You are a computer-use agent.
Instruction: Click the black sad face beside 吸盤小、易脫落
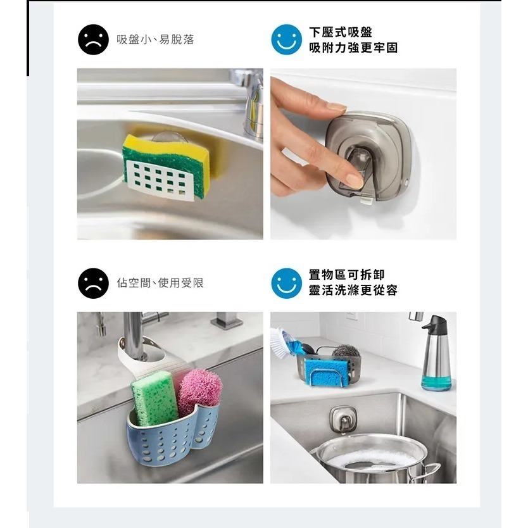pos(93,40)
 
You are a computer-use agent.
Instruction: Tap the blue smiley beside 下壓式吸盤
pos(286,40)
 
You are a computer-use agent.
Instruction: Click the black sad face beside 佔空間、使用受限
pos(93,283)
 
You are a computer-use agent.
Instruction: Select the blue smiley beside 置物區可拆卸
pos(286,283)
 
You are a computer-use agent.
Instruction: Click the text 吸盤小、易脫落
pos(156,40)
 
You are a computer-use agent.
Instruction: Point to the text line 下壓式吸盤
pos(341,32)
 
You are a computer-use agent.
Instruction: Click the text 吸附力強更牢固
pos(353,47)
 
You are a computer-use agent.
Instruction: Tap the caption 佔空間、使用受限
pos(161,283)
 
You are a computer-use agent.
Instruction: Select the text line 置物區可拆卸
pos(346,275)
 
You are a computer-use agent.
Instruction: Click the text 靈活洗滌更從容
pos(353,291)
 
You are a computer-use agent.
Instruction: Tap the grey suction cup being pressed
pos(365,154)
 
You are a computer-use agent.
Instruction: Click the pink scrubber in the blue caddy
pos(199,390)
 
